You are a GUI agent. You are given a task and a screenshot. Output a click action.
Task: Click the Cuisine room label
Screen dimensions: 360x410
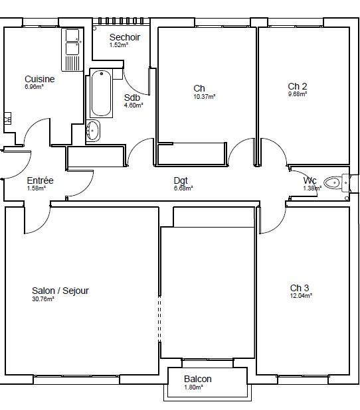tap(40, 79)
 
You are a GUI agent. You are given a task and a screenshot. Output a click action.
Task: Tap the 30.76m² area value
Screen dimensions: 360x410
tap(43, 299)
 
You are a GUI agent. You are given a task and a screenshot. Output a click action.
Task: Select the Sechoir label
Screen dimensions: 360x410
tap(125, 37)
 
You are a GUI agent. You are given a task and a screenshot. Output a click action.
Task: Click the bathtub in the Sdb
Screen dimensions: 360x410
tap(101, 93)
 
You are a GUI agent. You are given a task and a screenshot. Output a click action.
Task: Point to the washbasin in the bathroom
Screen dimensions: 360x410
tap(93, 130)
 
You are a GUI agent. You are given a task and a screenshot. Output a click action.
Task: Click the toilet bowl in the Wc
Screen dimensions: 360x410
tap(333, 182)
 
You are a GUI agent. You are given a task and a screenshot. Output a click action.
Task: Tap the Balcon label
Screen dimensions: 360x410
tap(198, 379)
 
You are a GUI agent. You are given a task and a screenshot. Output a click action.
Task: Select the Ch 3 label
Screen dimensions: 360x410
tap(300, 288)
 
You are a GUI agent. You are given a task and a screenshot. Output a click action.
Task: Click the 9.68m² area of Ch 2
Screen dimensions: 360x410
tap(298, 94)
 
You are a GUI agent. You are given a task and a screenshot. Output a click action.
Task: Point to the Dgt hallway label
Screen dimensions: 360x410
tap(181, 180)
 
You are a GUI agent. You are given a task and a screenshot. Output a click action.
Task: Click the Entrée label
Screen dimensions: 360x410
tap(40, 180)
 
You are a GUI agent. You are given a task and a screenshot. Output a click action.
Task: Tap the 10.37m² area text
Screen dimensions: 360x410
tap(204, 96)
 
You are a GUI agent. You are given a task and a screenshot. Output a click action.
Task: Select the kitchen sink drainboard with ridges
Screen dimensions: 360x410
tap(72, 63)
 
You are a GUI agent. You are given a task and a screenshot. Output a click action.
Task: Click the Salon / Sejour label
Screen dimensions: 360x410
tap(60, 291)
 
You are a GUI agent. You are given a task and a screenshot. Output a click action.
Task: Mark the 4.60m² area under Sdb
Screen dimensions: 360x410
tap(134, 105)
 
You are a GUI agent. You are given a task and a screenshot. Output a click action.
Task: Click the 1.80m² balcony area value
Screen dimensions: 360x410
tap(193, 387)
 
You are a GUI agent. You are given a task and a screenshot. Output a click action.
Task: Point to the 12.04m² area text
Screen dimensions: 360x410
tap(301, 295)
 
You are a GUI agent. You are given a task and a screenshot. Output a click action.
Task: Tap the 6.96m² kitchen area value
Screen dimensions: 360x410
tap(34, 86)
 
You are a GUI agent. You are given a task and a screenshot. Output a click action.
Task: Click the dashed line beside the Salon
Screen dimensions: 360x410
tap(159, 318)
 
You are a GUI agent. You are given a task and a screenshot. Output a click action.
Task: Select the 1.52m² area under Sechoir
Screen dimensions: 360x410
tap(119, 44)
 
